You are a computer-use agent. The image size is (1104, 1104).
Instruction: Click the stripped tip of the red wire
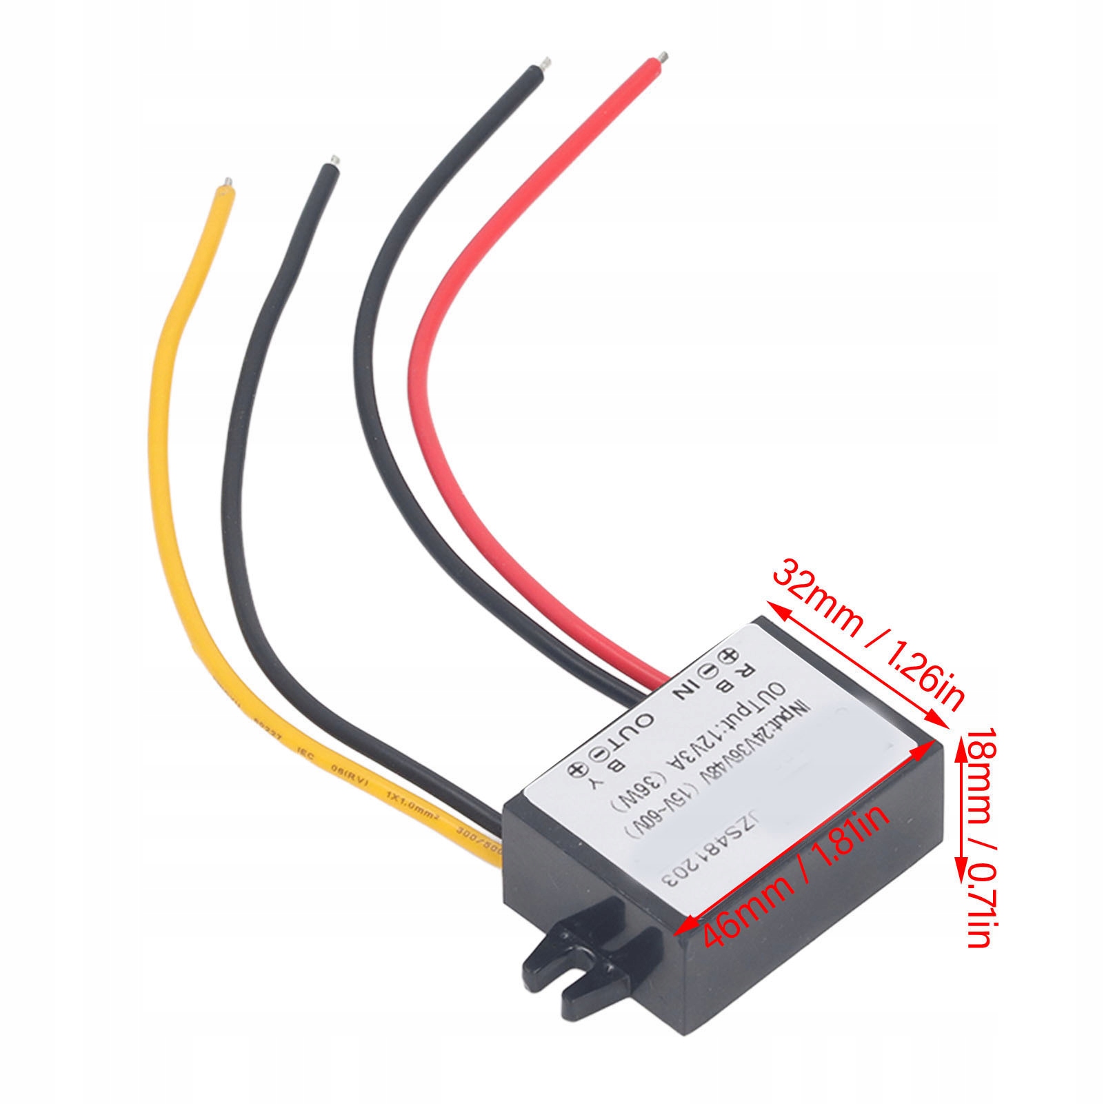point(663,56)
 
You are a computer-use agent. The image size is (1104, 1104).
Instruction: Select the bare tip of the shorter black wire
point(334,162)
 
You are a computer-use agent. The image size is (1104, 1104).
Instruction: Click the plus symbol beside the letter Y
point(574,770)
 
